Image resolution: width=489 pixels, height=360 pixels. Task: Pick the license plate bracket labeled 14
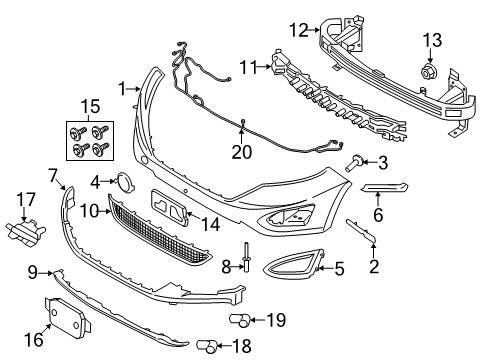[172, 206]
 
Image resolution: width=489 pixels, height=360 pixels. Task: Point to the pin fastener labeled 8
[244, 261]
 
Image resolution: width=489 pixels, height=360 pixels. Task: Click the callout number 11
[249, 67]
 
